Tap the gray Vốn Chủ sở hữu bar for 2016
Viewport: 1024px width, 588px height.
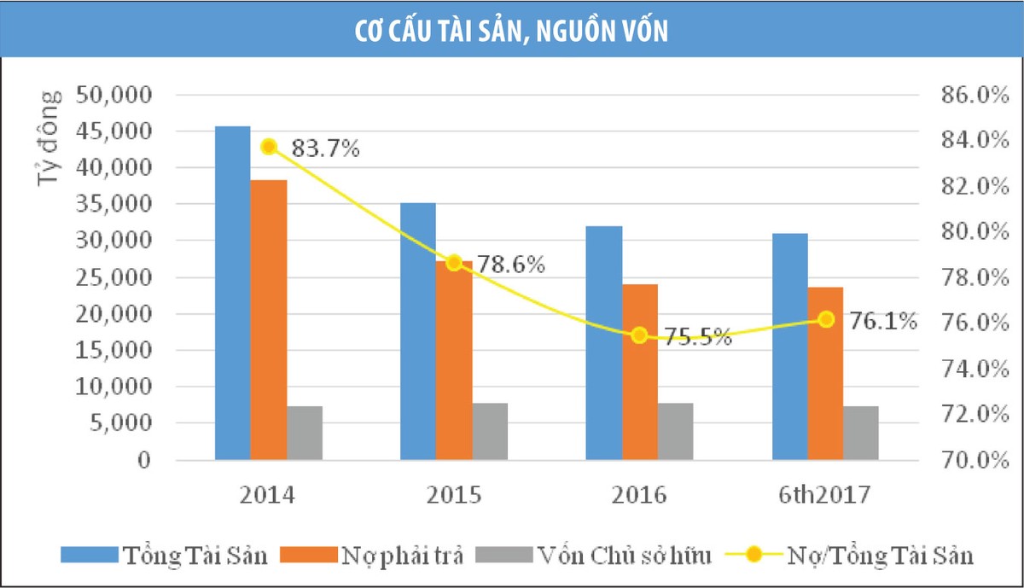point(676,432)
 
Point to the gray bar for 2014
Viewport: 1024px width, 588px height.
point(305,434)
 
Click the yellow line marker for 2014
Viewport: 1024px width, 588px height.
point(269,147)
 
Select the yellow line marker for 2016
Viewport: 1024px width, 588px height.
point(639,335)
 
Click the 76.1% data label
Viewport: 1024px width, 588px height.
point(882,321)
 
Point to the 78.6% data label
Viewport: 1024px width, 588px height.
point(510,265)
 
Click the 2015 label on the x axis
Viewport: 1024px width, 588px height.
point(454,496)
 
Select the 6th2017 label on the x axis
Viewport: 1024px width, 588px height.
point(824,496)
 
